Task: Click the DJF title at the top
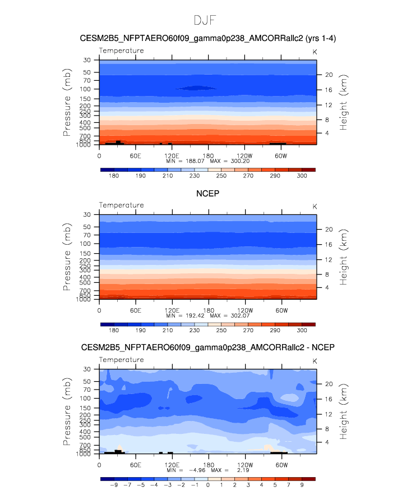point(205,20)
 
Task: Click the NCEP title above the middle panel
point(207,194)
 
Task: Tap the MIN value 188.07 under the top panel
point(195,161)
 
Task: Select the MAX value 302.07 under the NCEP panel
point(240,315)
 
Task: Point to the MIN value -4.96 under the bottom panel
point(197,470)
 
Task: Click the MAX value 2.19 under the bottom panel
point(243,470)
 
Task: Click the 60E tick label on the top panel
point(136,156)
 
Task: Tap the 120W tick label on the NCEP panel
point(245,310)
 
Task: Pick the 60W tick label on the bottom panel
point(281,465)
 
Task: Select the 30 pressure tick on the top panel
point(87,60)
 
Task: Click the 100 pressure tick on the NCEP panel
point(85,244)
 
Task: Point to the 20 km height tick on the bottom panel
point(329,384)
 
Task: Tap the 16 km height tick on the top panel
point(329,90)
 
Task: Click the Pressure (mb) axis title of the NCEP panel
point(67,257)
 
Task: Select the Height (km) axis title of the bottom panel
point(343,411)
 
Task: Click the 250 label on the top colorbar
point(221,176)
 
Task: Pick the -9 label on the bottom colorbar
point(114,485)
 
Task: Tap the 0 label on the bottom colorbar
point(208,485)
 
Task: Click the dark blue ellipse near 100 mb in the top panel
point(196,88)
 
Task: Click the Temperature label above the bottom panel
point(122,360)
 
